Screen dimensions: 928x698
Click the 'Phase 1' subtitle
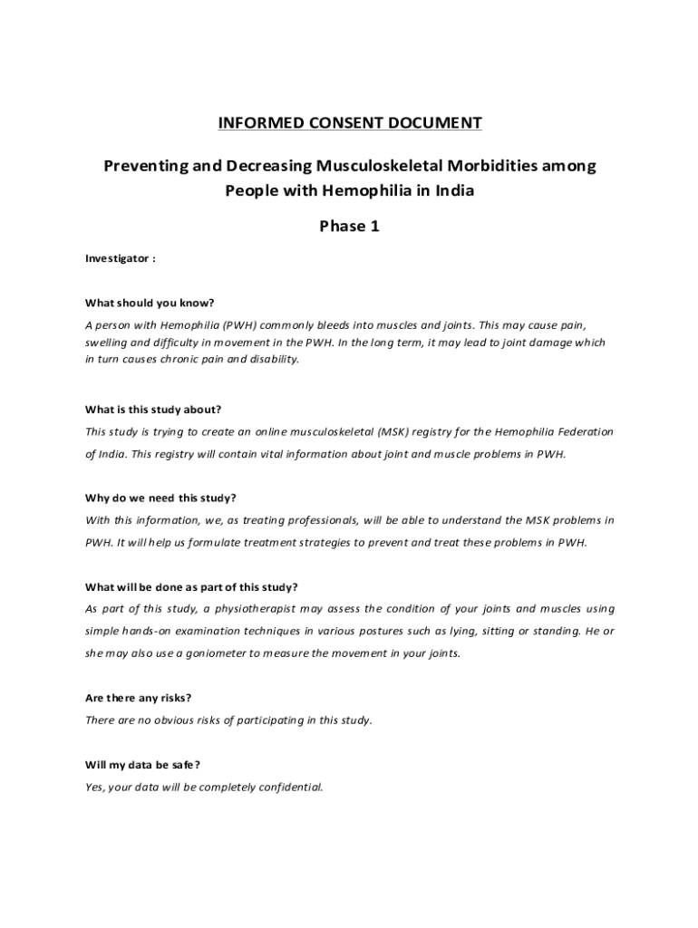[x=349, y=226]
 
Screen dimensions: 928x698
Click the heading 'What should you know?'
[x=150, y=303]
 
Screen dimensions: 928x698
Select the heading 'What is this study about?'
[x=153, y=409]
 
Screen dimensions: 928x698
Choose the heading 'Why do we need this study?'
[x=160, y=498]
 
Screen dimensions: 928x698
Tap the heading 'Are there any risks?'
[x=138, y=698]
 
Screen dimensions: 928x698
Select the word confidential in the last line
[x=290, y=787]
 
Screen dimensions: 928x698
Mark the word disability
[x=271, y=359]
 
